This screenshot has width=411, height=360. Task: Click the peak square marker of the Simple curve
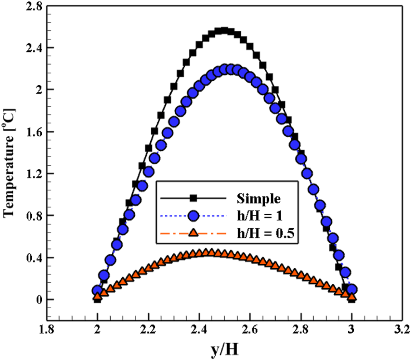click(224, 30)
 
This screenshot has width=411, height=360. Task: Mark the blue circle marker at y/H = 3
click(352, 290)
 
